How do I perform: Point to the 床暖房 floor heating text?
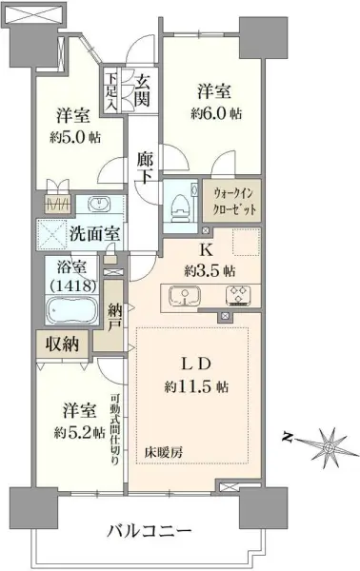164,450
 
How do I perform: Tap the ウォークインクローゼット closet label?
233,202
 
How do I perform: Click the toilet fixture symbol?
176,202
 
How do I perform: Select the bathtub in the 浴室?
68,310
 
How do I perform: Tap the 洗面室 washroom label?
93,233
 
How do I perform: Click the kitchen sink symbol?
181,295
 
